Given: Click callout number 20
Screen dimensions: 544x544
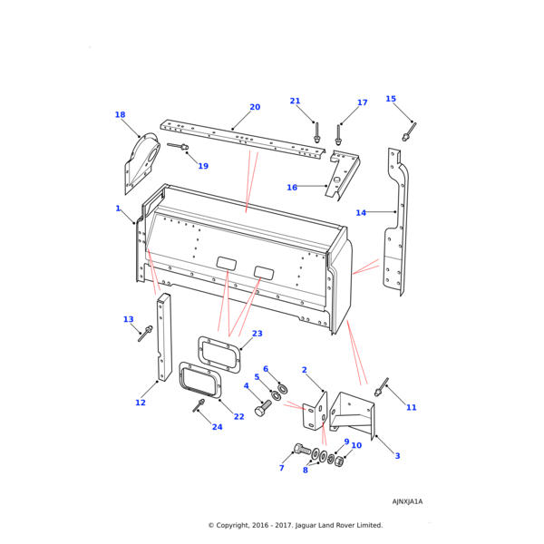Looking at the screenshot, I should (x=255, y=107).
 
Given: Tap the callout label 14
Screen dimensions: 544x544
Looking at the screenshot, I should (x=361, y=213).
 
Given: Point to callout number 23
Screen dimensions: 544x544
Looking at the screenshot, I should (x=257, y=334).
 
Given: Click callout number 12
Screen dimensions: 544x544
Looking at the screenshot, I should (x=141, y=403).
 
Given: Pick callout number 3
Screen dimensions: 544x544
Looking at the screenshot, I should (x=397, y=456).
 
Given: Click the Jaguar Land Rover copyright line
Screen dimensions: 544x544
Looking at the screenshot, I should (x=295, y=525).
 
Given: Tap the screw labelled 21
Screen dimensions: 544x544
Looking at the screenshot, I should (x=317, y=132).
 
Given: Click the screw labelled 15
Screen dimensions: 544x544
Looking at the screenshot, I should (x=409, y=132).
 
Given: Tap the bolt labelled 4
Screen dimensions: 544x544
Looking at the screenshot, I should (x=264, y=409).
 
